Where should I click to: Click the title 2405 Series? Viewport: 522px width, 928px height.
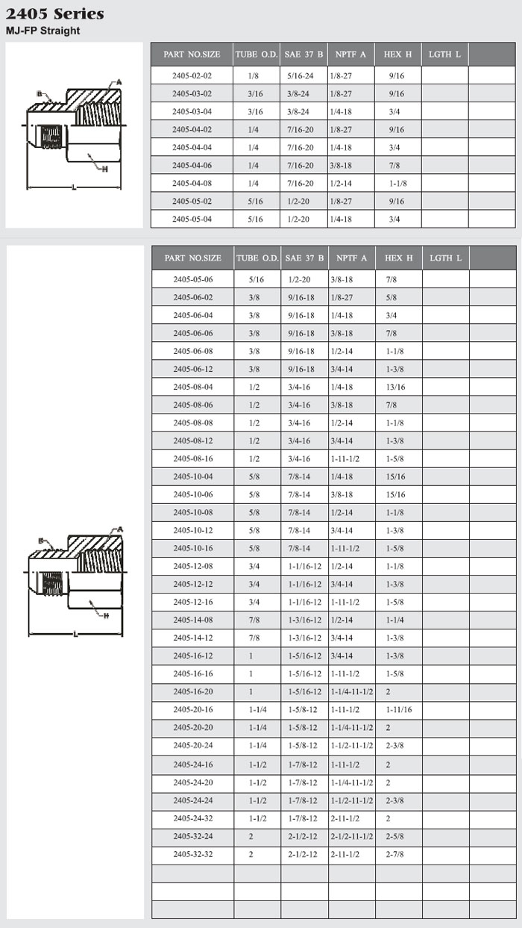click(55, 14)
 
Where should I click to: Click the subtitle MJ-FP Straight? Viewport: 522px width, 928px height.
click(43, 31)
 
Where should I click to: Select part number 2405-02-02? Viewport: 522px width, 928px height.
click(192, 75)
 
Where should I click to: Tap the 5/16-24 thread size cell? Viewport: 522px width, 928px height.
click(303, 75)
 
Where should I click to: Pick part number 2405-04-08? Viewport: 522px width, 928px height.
click(192, 183)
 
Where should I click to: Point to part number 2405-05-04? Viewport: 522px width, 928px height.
click(192, 219)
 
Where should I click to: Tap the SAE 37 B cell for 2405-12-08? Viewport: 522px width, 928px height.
click(304, 566)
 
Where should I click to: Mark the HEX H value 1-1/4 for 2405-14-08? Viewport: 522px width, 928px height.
click(397, 620)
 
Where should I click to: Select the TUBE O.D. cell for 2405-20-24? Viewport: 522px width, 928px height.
click(257, 745)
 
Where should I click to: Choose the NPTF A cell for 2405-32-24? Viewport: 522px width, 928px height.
click(351, 835)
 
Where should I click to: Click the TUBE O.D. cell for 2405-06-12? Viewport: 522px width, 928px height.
click(257, 369)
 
